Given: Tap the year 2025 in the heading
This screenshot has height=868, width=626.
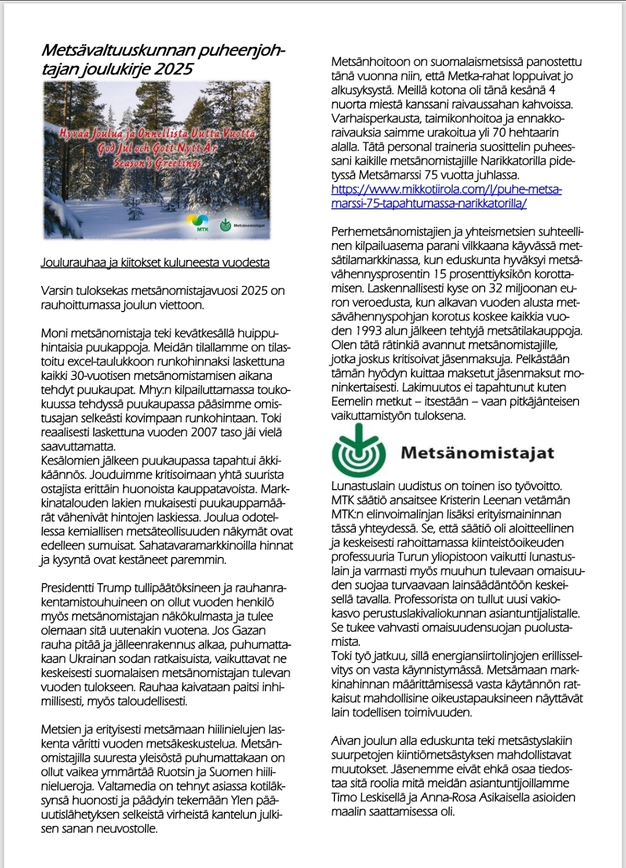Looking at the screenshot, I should coord(173,69).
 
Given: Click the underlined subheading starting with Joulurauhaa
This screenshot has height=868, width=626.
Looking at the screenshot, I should coord(155,262).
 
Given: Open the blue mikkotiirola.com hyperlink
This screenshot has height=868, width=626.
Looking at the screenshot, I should coord(446,196).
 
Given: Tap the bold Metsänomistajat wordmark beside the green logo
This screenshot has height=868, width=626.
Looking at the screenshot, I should coord(477,453).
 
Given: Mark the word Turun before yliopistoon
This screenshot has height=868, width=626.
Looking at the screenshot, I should coord(413,557).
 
